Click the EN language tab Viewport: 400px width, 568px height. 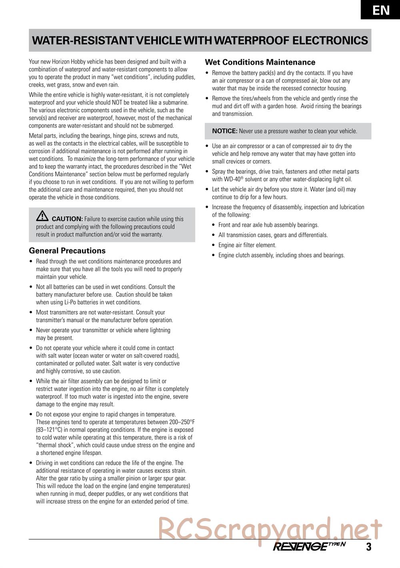point(381,10)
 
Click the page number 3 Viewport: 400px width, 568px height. point(368,547)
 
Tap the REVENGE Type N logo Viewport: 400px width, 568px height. point(309,546)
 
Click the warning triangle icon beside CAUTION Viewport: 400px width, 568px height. point(42,216)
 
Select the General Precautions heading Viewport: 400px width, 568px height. point(67,251)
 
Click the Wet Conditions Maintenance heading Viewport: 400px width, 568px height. point(260,62)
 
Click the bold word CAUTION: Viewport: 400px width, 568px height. point(67,219)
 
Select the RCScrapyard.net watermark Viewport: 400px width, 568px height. point(270,529)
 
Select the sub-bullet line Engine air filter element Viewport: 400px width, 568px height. point(247,245)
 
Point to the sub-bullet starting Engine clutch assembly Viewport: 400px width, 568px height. point(281,255)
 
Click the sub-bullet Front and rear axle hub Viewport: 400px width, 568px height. point(268,225)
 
